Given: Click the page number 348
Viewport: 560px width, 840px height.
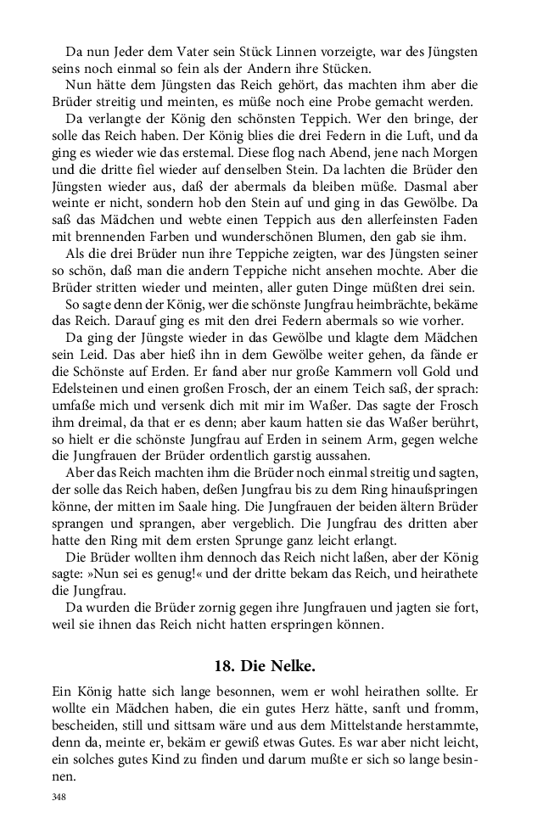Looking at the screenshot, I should [x=59, y=798].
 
